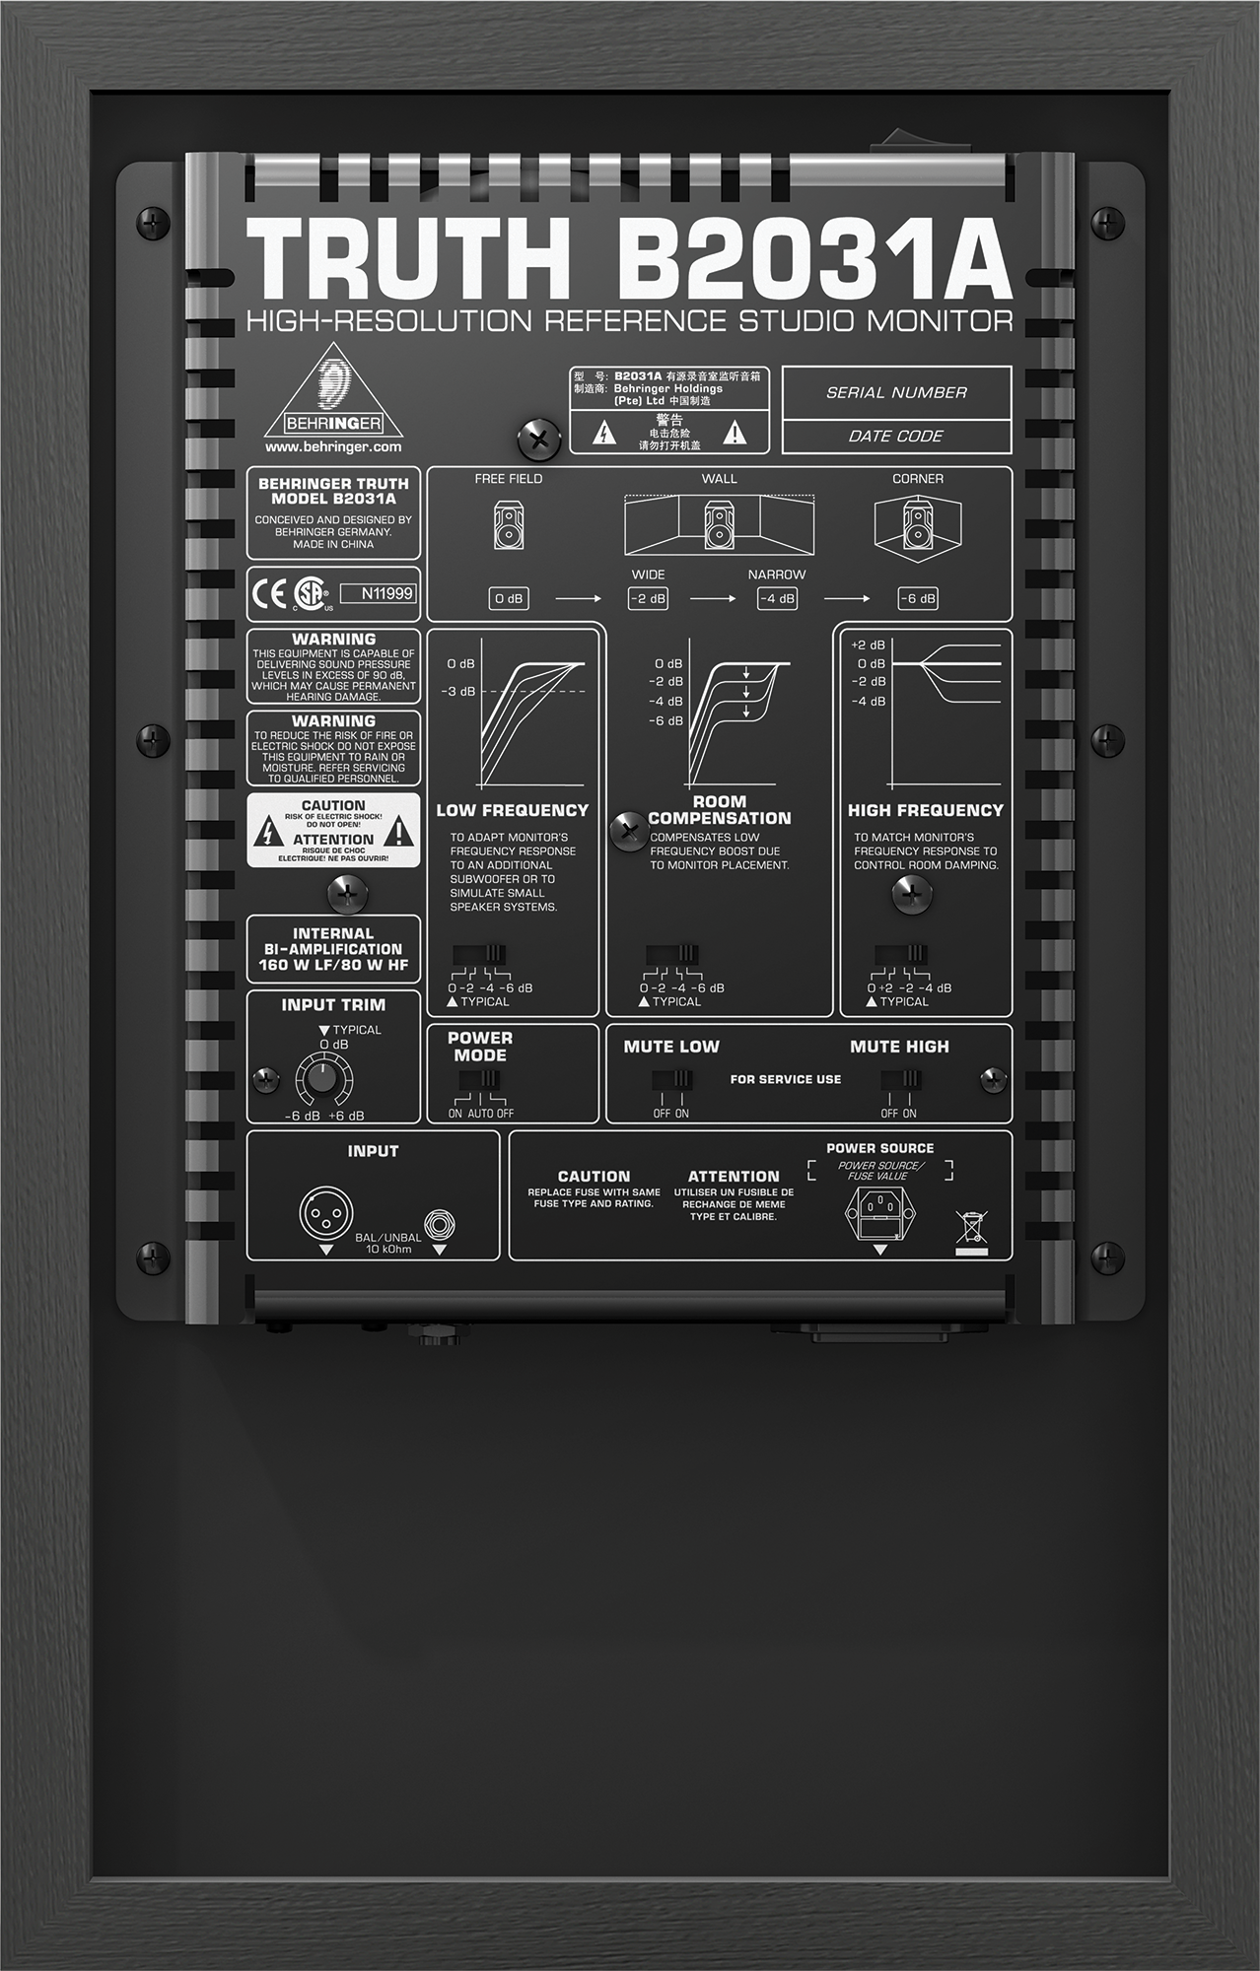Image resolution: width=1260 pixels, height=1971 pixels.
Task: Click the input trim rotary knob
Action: pyautogui.click(x=321, y=1079)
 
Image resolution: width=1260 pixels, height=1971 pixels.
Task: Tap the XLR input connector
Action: pyautogui.click(x=325, y=1213)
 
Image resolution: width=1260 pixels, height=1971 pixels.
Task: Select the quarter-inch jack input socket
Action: pyautogui.click(x=440, y=1225)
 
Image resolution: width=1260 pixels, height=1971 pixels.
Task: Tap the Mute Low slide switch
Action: pyautogui.click(x=671, y=1080)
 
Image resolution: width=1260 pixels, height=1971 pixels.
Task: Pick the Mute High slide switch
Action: pyautogui.click(x=900, y=1080)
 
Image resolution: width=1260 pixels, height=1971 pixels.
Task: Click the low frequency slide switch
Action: pyautogui.click(x=479, y=954)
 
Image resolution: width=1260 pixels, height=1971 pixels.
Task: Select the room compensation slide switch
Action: pyautogui.click(x=672, y=954)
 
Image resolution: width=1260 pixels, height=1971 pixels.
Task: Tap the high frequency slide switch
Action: pyautogui.click(x=900, y=954)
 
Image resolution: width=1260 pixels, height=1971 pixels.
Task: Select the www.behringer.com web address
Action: pyautogui.click(x=333, y=446)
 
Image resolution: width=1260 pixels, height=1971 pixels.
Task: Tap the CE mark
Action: pyautogui.click(x=268, y=593)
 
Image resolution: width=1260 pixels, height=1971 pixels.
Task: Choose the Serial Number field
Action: pyautogui.click(x=896, y=392)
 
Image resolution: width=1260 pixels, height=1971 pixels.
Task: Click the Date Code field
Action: pyautogui.click(x=896, y=436)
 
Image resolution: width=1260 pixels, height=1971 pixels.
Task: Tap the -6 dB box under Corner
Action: pyautogui.click(x=917, y=598)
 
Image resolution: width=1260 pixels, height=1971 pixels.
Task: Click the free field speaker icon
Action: pyautogui.click(x=509, y=524)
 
